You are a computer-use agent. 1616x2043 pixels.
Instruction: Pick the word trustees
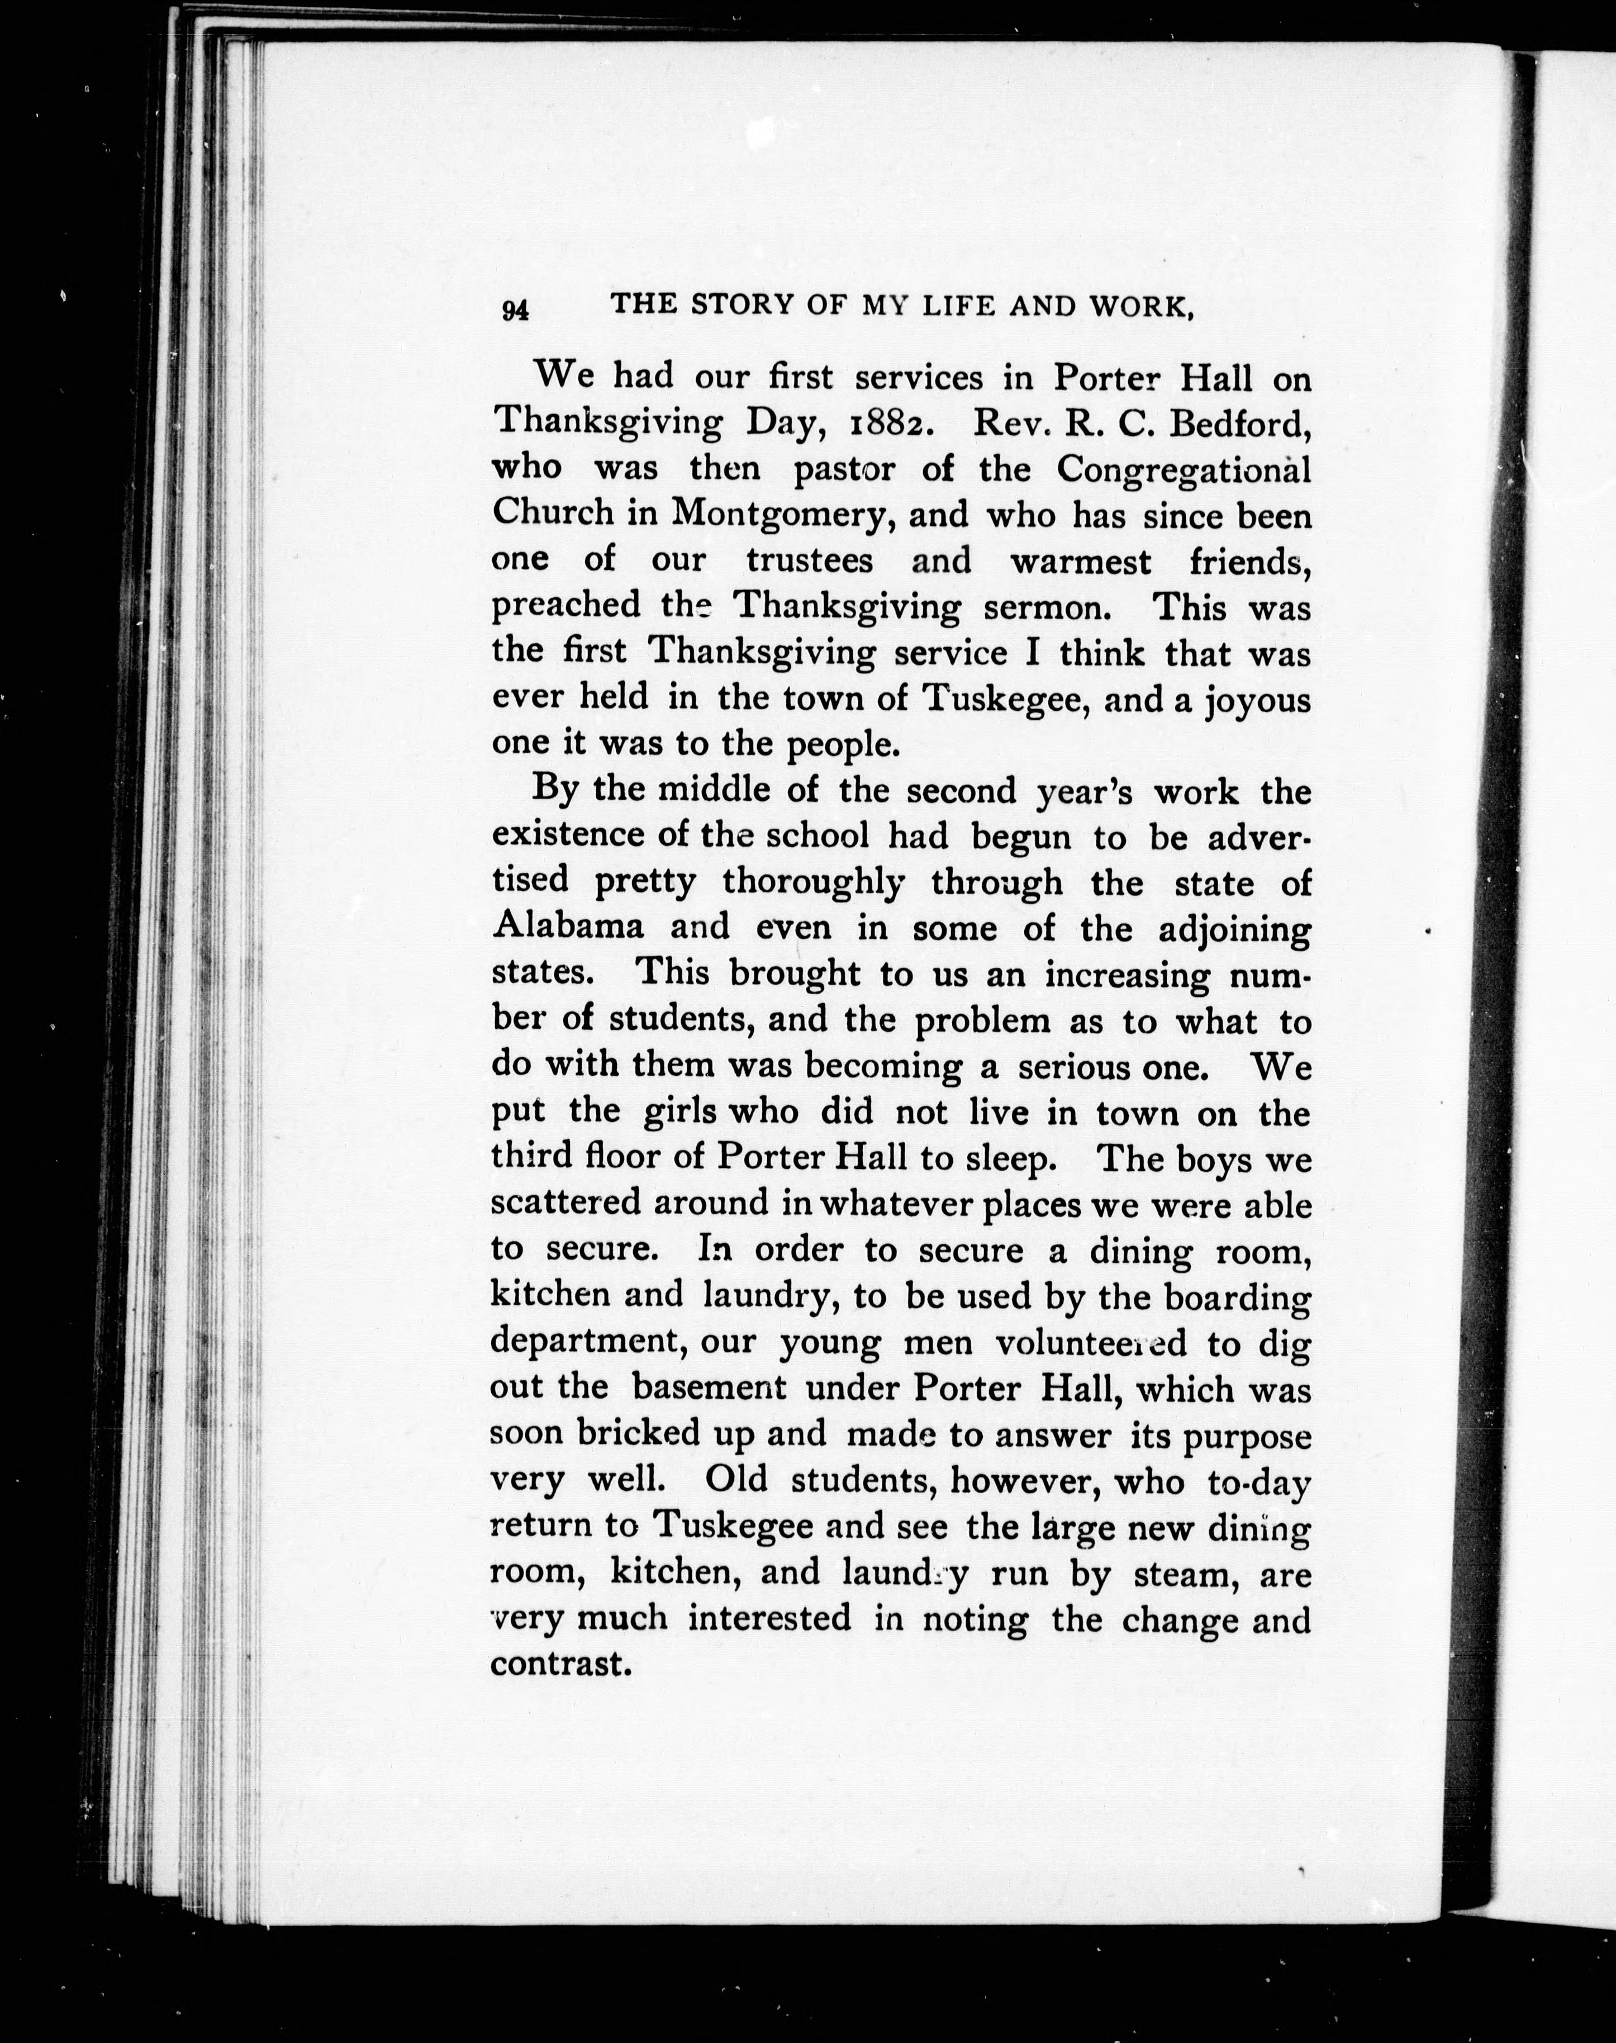coord(809,561)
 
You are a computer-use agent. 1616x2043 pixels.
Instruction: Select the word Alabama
coord(568,927)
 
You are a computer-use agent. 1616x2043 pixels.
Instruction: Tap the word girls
coord(680,1112)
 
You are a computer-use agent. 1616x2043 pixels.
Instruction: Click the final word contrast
coord(560,1664)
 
